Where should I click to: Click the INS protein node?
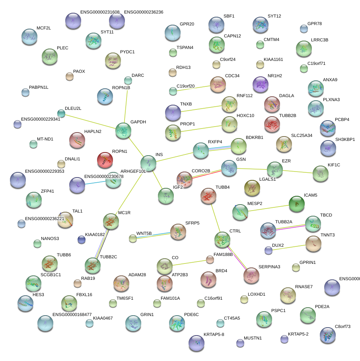coord(148,163)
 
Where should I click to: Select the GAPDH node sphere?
coord(123,131)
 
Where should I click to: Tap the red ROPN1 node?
coord(105,160)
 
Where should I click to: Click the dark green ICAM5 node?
coord(296,204)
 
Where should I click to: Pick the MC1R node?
coord(111,221)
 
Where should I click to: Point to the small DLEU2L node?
coord(61,113)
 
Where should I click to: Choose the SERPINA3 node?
coord(251,275)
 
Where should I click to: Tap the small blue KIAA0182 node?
coord(82,239)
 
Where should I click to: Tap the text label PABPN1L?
coord(39,87)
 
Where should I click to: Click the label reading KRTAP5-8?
coord(214,334)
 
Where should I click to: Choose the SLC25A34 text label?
coord(302,135)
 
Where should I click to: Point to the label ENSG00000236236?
coord(144,12)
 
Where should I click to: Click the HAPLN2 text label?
coord(93,131)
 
